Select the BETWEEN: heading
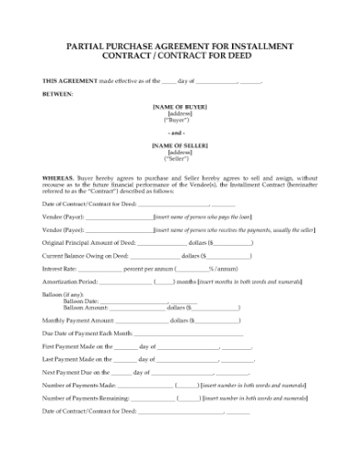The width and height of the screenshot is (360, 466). coord(58,94)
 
